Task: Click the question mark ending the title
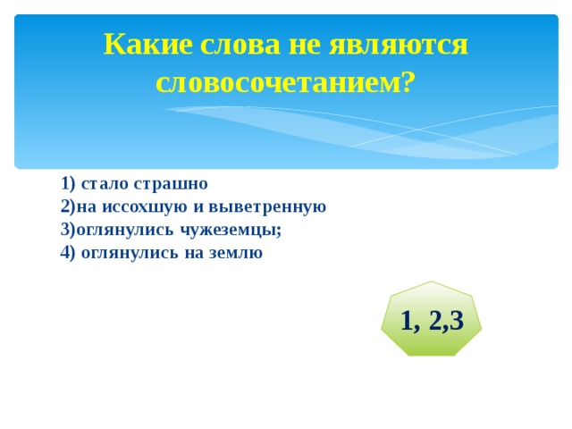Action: point(409,81)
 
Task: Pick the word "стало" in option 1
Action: point(105,184)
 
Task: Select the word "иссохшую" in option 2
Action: point(145,207)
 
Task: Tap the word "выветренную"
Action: point(267,207)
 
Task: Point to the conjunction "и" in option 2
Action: point(198,207)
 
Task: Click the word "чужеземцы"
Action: point(231,231)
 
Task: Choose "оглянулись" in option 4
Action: point(130,253)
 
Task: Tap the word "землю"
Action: point(236,253)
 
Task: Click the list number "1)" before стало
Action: point(68,183)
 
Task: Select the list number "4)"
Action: point(68,252)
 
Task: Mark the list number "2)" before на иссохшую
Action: point(68,206)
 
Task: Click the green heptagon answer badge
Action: point(431,319)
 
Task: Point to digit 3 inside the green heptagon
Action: point(457,321)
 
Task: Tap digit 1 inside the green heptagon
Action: point(408,321)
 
